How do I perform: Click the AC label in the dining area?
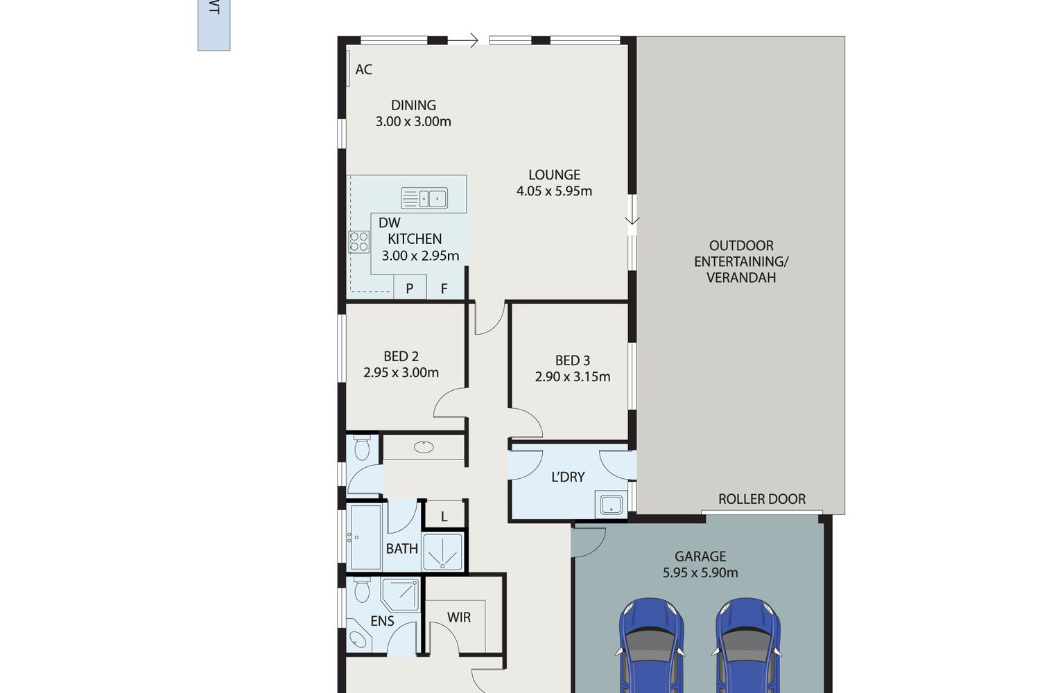coord(363,69)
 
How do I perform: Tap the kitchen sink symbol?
coord(424,198)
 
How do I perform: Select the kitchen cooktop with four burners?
coord(359,242)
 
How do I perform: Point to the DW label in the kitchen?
coord(389,223)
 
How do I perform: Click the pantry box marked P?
coord(410,288)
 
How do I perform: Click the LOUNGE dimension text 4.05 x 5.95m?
coord(554,191)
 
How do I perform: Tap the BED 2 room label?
coord(401,356)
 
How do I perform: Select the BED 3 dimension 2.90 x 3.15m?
coord(573,376)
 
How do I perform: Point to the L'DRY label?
coord(567,477)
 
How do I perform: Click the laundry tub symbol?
coord(611,505)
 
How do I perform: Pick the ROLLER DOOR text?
coord(761,499)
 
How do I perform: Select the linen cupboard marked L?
coord(444,514)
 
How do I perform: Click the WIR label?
coord(459,617)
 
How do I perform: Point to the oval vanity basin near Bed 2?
coord(424,447)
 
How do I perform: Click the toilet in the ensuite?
coord(362,590)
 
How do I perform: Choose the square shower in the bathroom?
coord(442,552)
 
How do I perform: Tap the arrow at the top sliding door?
coord(463,41)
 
